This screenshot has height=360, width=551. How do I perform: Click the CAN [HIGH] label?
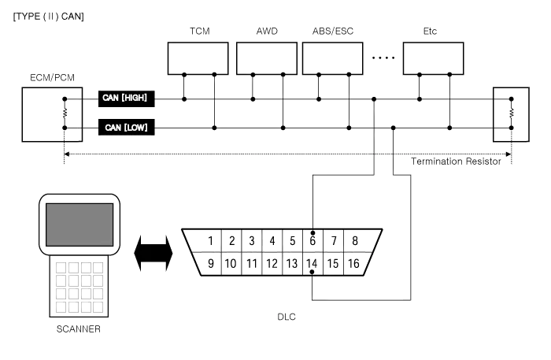[x=125, y=98]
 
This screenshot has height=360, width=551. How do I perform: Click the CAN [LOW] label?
[x=125, y=127]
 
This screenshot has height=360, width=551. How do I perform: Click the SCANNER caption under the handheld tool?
[x=79, y=328]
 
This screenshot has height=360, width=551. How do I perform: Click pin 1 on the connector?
[x=212, y=240]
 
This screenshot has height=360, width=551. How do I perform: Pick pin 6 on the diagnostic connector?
[x=312, y=240]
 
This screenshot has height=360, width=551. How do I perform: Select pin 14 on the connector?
[x=312, y=264]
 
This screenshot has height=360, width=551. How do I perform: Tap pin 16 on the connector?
[x=353, y=264]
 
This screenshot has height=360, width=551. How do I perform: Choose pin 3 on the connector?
[x=251, y=240]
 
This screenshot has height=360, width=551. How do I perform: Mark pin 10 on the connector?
[x=231, y=264]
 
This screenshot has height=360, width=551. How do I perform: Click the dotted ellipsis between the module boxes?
[x=383, y=58]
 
